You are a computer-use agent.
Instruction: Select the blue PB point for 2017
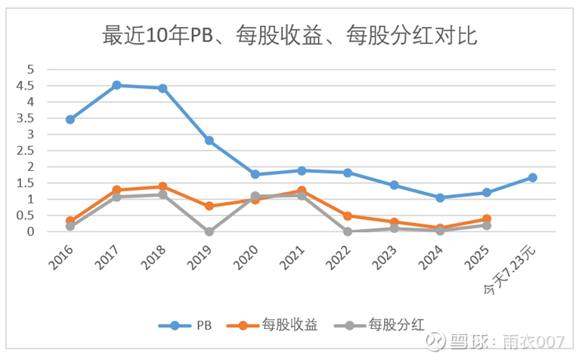[116, 85]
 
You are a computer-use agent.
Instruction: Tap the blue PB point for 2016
[70, 119]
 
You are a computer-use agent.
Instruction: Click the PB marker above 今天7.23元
[533, 178]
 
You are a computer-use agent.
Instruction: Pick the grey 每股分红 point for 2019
[209, 231]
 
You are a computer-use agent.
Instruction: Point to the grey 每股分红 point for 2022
[348, 231]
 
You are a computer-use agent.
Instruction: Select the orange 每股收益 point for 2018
[163, 187]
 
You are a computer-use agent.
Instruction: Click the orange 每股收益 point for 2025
[487, 219]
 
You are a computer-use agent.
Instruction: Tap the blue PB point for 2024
[441, 197]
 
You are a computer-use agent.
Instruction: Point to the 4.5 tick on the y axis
[29, 85]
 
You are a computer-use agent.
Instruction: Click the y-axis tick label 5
[31, 69]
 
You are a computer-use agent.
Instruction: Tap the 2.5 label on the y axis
[29, 151]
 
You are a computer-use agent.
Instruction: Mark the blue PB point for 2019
[209, 141]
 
